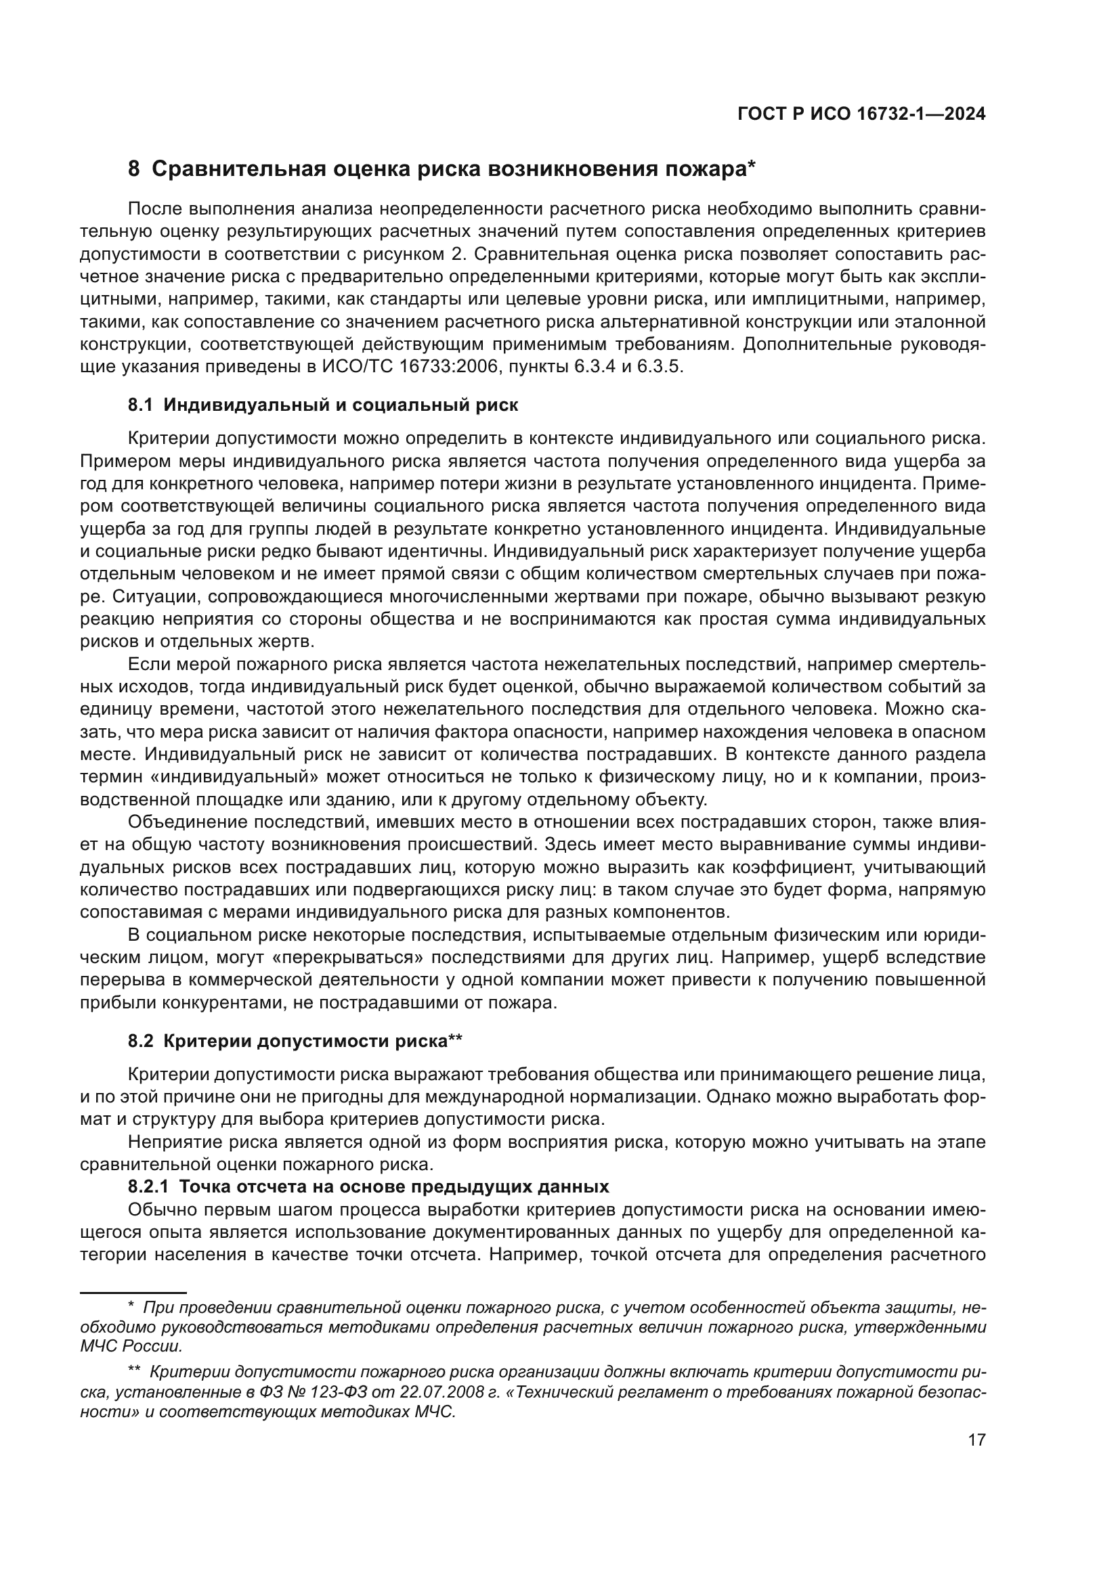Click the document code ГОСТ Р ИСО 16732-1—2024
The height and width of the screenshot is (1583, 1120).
click(861, 114)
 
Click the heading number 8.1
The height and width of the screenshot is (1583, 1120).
click(140, 405)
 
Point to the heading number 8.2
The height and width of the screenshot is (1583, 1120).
click(140, 1040)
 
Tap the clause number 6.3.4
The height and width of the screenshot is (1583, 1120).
click(594, 366)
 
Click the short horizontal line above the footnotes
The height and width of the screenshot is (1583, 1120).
click(133, 1292)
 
